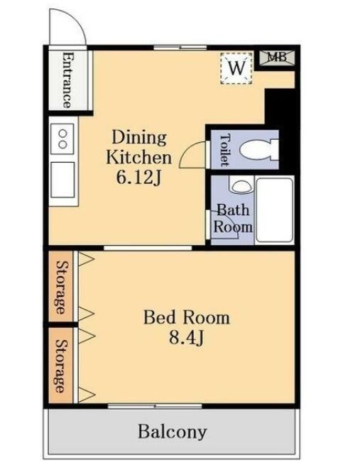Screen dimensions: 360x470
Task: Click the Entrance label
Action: point(67,80)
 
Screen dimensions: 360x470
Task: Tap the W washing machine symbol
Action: point(236,68)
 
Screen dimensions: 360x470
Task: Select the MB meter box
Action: point(277,58)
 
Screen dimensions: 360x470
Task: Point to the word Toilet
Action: point(225,150)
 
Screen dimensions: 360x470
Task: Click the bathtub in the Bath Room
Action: point(274,210)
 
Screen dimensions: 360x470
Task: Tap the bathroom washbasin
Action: point(241,185)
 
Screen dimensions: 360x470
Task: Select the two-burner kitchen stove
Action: point(62,138)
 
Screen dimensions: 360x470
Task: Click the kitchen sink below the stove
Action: point(62,180)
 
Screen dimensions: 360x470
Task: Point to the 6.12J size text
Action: point(139,178)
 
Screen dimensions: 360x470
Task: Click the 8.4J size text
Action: point(187,338)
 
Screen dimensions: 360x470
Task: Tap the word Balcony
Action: point(173,432)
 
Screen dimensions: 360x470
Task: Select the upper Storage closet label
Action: point(61,287)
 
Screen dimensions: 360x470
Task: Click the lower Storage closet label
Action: point(60,366)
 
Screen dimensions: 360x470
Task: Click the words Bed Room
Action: point(187,317)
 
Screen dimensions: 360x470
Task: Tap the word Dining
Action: point(139,138)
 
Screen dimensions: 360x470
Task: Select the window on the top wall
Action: point(180,48)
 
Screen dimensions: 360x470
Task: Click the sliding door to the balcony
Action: point(155,406)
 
